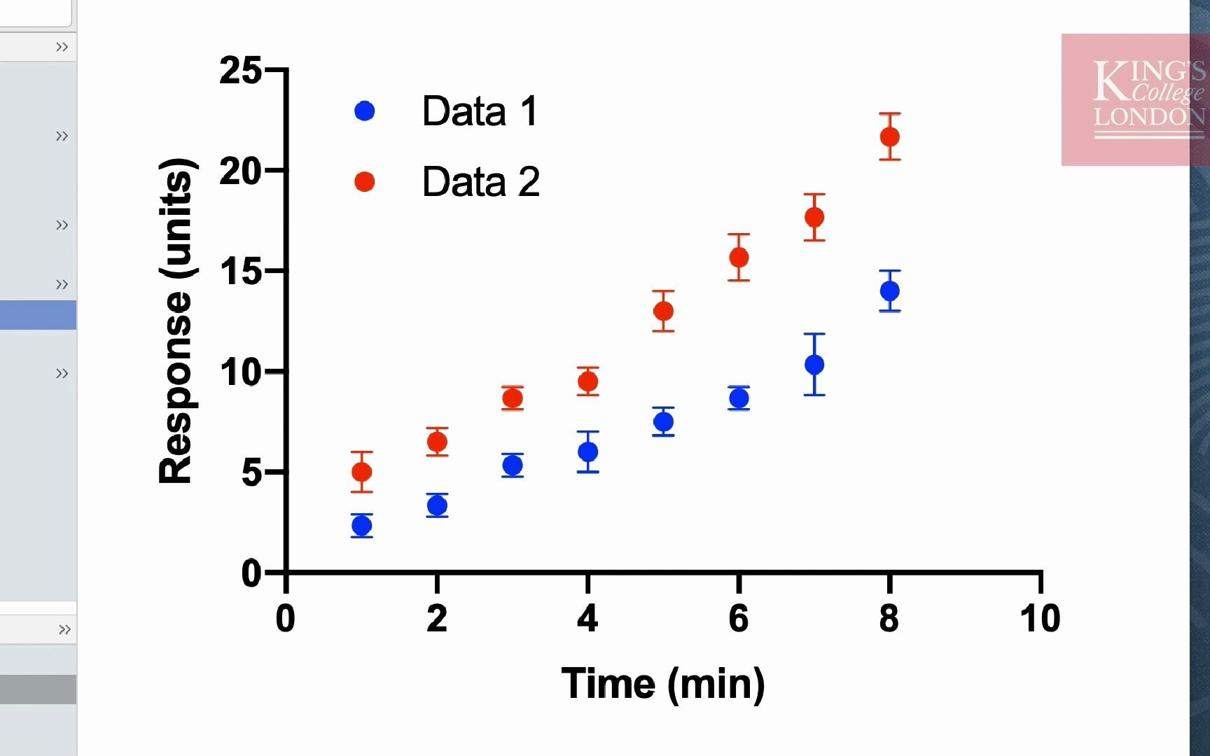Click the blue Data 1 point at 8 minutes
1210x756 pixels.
click(889, 290)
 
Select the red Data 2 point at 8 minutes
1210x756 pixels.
click(889, 136)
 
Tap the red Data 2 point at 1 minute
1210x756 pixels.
click(361, 472)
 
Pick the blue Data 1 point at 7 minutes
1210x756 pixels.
click(814, 364)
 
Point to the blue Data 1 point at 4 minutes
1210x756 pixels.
click(588, 451)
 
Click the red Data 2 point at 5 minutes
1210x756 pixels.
click(663, 311)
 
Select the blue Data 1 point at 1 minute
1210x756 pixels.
click(361, 525)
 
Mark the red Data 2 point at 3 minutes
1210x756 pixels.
click(513, 398)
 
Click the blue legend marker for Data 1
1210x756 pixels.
click(364, 111)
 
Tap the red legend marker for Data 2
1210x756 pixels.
click(364, 182)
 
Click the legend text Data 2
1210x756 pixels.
click(480, 182)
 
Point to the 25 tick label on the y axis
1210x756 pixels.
click(240, 71)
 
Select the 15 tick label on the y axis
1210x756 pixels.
click(240, 272)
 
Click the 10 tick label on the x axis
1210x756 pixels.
click(1040, 619)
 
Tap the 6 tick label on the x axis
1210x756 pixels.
click(739, 619)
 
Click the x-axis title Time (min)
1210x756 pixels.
click(662, 684)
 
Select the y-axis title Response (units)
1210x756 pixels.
click(175, 321)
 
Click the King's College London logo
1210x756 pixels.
click(1134, 99)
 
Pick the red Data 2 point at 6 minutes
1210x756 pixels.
click(739, 258)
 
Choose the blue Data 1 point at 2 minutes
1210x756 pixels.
click(437, 505)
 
